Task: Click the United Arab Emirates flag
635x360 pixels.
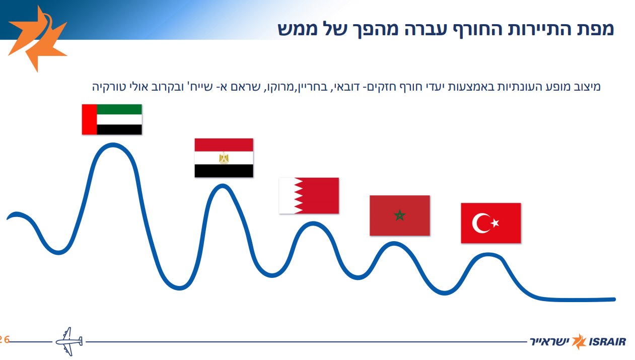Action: point(112,119)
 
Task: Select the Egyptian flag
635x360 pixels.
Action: point(224,158)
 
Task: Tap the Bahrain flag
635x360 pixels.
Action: point(309,195)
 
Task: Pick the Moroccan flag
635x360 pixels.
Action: point(399,215)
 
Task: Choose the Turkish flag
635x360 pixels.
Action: point(490,223)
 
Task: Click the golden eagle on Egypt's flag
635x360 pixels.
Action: point(224,158)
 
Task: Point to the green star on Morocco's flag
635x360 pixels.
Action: point(399,215)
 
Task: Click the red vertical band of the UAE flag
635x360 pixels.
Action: point(89,119)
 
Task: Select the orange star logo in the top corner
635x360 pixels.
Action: point(36,38)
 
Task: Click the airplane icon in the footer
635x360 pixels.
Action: point(68,342)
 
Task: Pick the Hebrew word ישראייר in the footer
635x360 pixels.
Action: point(549,342)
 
